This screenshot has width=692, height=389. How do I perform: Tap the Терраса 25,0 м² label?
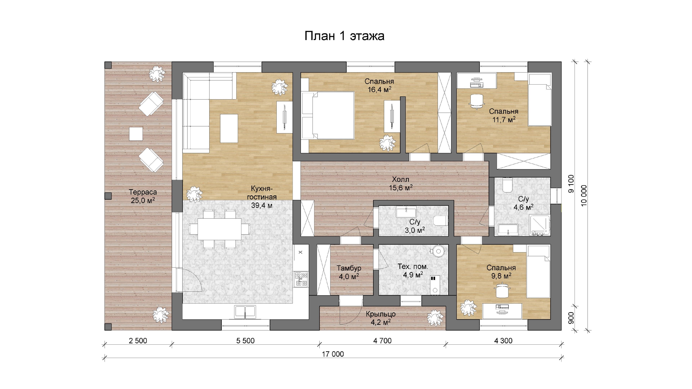tap(143, 196)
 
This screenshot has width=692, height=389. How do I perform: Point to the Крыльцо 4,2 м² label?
tap(381, 318)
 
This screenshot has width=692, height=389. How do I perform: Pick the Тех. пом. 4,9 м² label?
tap(413, 271)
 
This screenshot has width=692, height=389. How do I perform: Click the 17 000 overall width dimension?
tap(333, 354)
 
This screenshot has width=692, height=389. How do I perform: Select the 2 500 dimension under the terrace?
tap(138, 341)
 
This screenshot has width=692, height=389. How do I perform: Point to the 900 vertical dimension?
tap(571, 318)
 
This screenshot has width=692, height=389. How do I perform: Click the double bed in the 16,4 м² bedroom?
tap(328, 115)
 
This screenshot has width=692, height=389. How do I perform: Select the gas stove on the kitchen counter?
tap(301, 279)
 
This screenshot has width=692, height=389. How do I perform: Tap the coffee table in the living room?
tap(229, 128)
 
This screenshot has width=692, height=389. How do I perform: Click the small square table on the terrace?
tap(136, 134)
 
